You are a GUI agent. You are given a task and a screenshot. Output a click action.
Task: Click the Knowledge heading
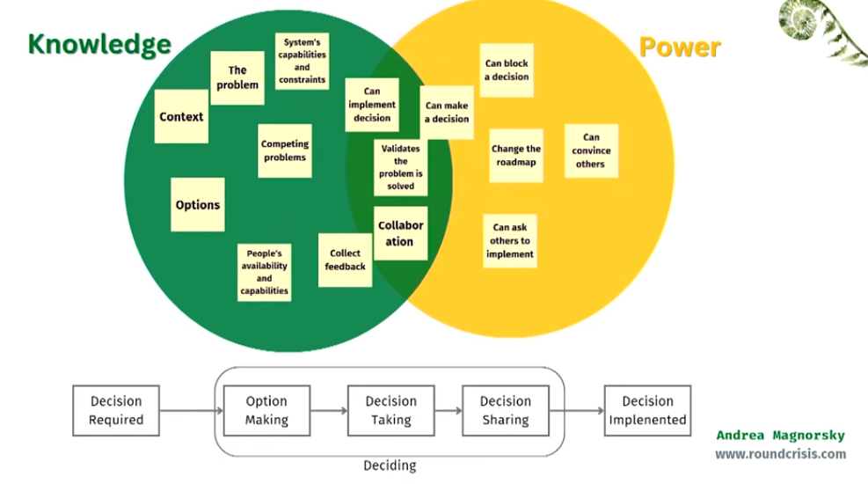click(x=99, y=45)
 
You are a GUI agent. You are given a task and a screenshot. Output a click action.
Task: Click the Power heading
click(x=680, y=47)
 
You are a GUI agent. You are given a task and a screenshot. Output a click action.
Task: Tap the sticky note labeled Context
click(x=181, y=116)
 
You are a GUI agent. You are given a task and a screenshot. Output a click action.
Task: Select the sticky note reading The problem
click(x=237, y=77)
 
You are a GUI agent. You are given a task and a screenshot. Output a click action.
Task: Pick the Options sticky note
click(x=198, y=205)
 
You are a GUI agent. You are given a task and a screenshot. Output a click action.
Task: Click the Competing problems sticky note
click(x=285, y=150)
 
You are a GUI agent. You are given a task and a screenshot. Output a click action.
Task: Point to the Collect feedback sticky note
click(x=345, y=260)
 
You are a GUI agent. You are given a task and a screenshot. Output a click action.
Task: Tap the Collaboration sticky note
click(x=401, y=233)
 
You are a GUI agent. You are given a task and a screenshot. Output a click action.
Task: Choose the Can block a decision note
click(x=507, y=70)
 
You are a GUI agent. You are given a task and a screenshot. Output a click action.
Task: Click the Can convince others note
click(x=591, y=150)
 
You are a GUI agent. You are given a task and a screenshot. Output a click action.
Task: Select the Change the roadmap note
click(x=515, y=156)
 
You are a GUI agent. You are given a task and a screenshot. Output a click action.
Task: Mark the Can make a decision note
click(x=447, y=113)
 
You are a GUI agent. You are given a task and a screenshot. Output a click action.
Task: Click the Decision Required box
click(x=116, y=410)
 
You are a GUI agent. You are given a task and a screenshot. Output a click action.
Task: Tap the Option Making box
click(x=266, y=410)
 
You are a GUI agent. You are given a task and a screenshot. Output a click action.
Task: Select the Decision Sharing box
click(x=505, y=410)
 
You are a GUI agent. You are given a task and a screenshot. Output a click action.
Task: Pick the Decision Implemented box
click(x=647, y=410)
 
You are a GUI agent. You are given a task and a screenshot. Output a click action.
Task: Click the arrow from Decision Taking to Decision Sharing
click(x=448, y=410)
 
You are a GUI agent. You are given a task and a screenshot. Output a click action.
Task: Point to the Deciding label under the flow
click(x=390, y=466)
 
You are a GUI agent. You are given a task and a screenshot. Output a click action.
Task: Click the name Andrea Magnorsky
click(x=780, y=436)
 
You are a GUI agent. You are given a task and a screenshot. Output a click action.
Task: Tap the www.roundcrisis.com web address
click(x=780, y=454)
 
